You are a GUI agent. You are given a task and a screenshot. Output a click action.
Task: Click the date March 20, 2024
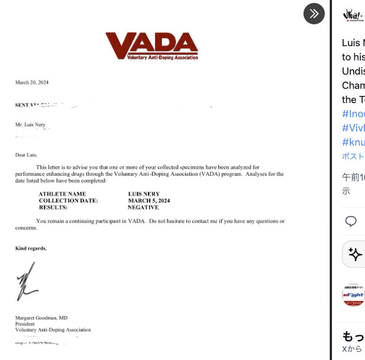click(32, 82)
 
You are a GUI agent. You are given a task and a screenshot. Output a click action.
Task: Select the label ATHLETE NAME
click(62, 194)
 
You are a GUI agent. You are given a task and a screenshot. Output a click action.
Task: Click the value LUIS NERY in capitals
click(144, 194)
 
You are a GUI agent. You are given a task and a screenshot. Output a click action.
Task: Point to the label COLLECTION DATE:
click(68, 201)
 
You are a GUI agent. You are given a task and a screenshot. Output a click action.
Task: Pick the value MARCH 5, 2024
click(148, 201)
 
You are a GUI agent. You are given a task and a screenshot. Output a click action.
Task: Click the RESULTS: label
click(53, 208)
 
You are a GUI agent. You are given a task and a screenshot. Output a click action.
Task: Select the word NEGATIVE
click(143, 208)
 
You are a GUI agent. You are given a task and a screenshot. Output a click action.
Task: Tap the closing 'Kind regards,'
click(31, 248)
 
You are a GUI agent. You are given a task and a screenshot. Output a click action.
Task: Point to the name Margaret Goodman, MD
click(41, 317)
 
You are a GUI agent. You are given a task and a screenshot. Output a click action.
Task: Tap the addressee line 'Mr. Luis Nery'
click(32, 124)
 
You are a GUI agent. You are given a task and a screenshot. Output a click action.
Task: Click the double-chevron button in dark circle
click(314, 14)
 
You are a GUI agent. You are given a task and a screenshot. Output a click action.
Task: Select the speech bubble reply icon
click(351, 221)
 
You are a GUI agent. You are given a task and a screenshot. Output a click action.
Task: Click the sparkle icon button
click(354, 254)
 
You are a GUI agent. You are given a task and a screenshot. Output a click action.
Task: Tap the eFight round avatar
click(353, 295)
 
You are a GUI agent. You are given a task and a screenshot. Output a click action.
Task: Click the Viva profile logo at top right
click(353, 15)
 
